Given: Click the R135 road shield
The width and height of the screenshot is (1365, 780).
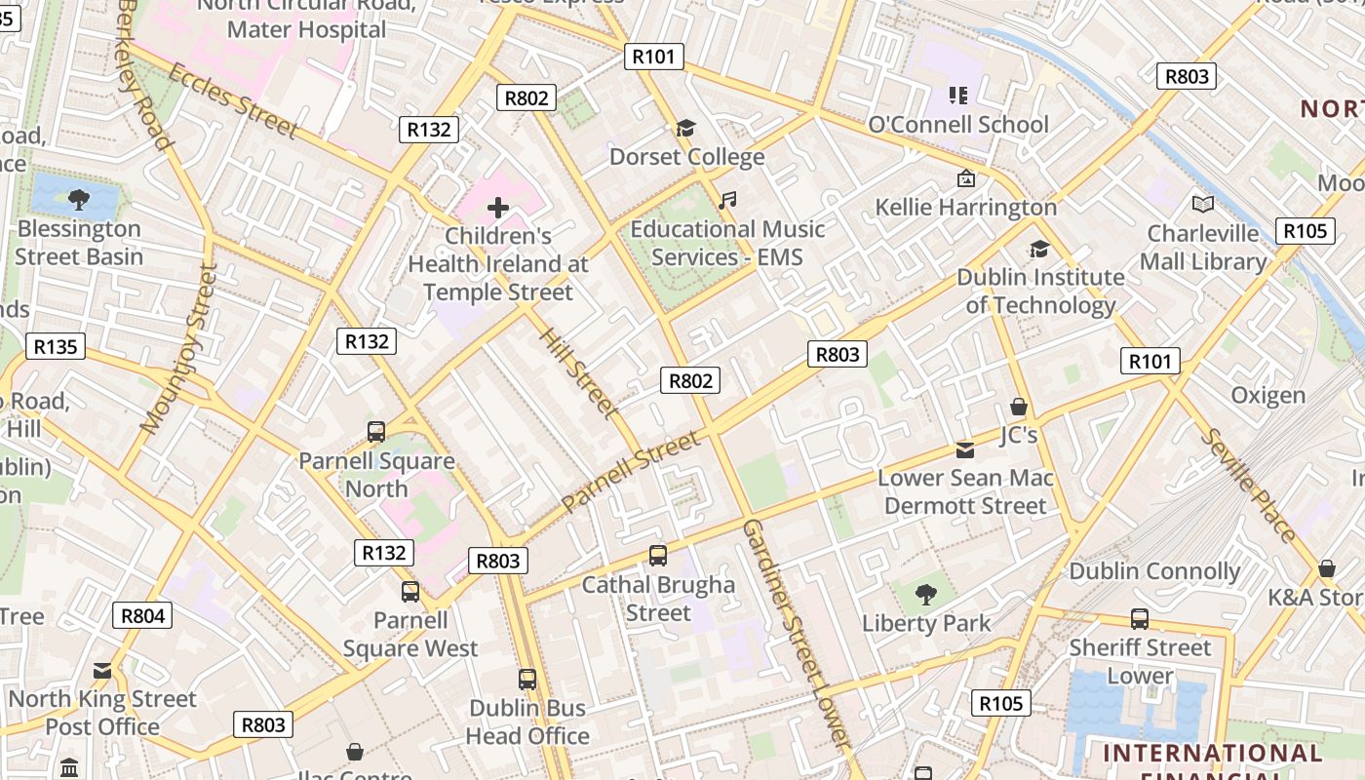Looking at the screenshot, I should click(x=56, y=346).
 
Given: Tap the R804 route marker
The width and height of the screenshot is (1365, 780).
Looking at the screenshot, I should click(x=143, y=615).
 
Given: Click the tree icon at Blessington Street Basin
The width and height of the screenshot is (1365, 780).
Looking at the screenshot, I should click(x=79, y=200).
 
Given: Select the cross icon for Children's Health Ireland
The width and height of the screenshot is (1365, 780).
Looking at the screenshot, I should click(x=498, y=208).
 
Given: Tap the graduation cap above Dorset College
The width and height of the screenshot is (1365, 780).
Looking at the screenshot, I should click(x=686, y=129).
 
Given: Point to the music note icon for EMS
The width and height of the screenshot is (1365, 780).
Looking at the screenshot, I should click(x=726, y=201).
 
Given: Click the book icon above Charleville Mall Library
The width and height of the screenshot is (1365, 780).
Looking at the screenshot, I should click(x=1203, y=205).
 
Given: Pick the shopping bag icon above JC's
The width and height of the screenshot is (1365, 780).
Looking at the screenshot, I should click(x=1019, y=407).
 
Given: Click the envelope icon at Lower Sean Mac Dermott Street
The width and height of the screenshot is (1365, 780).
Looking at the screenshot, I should click(x=964, y=449).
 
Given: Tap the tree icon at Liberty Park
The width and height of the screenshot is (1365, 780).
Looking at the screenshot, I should click(x=925, y=594).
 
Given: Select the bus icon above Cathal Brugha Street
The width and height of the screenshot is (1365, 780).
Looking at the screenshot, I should click(x=658, y=556).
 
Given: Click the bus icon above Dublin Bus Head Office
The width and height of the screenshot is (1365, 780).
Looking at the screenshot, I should click(x=527, y=680).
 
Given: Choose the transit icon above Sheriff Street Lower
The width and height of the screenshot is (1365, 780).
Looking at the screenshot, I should click(x=1139, y=619).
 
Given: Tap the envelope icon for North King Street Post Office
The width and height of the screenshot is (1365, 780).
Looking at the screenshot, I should click(x=102, y=671).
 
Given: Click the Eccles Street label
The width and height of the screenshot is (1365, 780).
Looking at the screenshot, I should click(x=233, y=99).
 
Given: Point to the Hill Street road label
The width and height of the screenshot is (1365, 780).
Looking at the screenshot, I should click(x=578, y=372).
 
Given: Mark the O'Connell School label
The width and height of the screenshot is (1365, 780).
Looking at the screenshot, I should click(x=958, y=125).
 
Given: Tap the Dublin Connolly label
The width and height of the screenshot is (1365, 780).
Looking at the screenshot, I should click(x=1154, y=571).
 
